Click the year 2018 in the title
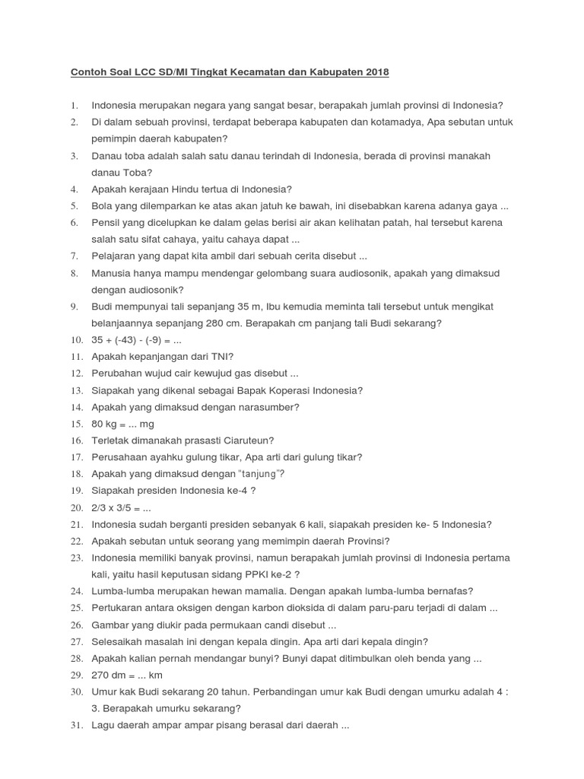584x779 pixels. coord(376,72)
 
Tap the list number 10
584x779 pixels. coord(76,340)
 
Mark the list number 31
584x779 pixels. coord(76,725)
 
